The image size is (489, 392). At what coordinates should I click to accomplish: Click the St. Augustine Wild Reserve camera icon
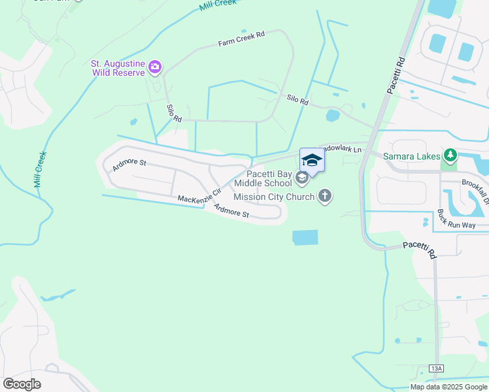155,66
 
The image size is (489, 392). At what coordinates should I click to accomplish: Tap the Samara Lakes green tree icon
449,155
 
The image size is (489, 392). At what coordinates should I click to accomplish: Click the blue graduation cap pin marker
312,160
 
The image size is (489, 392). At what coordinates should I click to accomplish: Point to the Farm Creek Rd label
241,40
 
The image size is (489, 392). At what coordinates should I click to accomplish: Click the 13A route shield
437,369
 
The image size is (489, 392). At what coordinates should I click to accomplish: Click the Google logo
22,384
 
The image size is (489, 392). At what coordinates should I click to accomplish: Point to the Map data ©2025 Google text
448,387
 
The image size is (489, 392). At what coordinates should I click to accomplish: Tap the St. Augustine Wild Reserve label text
118,68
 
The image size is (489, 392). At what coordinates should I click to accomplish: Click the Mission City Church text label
275,196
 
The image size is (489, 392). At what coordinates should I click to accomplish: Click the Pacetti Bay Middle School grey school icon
301,177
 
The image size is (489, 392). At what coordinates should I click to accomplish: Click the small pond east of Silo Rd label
333,116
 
